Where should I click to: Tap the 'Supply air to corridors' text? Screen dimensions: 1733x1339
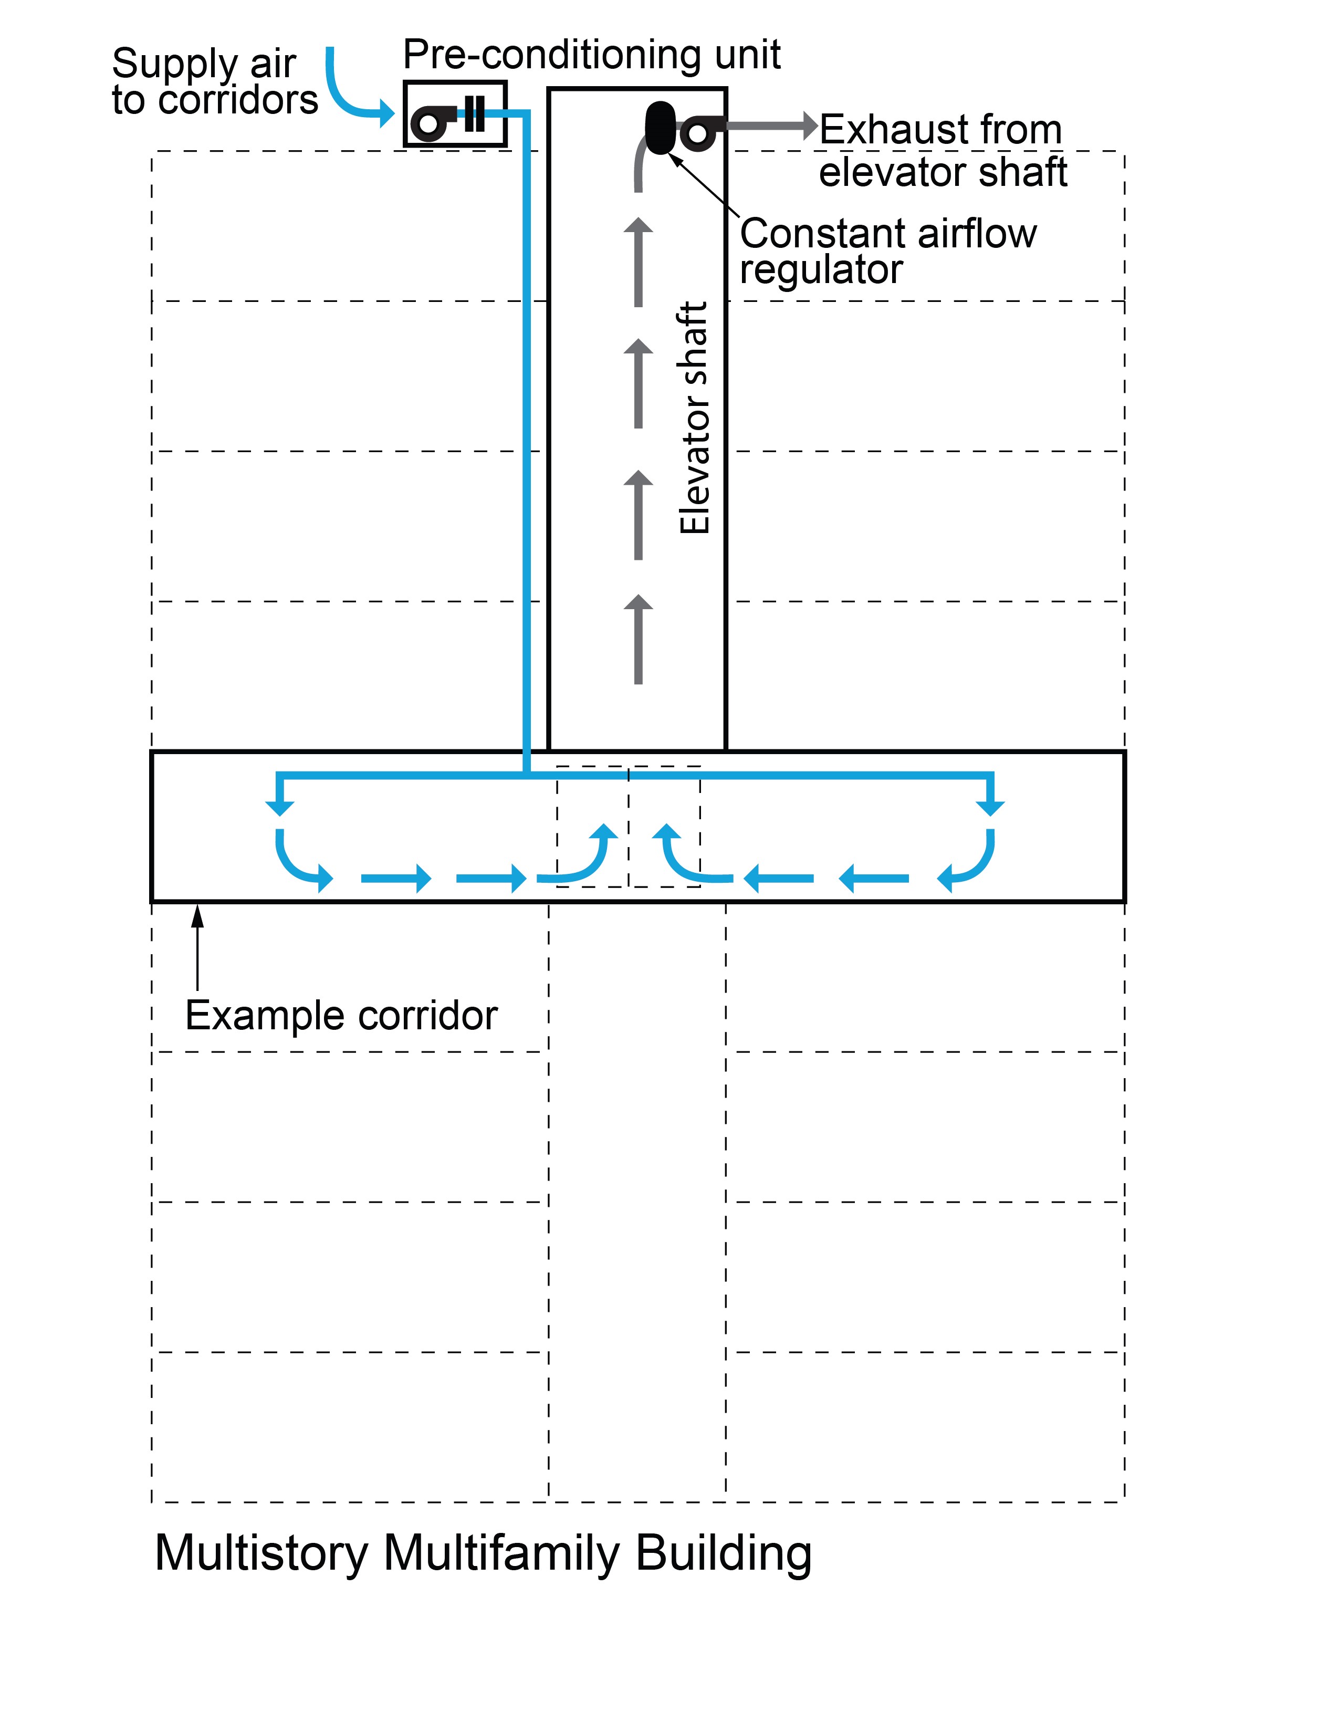click(x=214, y=82)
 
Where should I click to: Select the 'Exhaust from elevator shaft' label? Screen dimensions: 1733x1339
click(x=943, y=151)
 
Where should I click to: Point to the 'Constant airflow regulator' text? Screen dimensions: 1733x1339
click(x=887, y=250)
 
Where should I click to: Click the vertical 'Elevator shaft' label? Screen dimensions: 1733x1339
click(x=694, y=417)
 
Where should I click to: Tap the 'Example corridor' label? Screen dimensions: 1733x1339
click(x=341, y=1015)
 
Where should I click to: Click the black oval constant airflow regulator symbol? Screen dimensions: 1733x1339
click(x=659, y=127)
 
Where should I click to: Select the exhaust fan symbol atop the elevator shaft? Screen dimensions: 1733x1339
click(x=699, y=132)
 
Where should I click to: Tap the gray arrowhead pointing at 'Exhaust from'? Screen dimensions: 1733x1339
click(x=809, y=126)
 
